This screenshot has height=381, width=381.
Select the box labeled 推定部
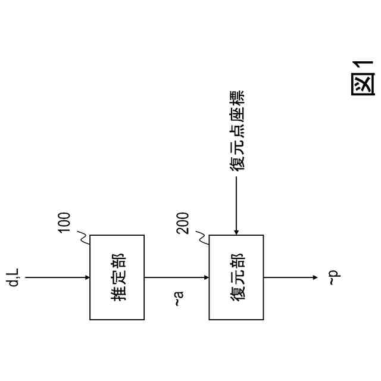click(117, 277)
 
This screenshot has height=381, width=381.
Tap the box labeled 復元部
click(236, 277)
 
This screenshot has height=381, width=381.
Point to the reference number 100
click(64, 222)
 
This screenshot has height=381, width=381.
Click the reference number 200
click(183, 222)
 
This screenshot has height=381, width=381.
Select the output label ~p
click(333, 277)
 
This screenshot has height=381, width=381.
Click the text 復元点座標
click(237, 131)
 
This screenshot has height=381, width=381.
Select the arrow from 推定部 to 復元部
click(177, 277)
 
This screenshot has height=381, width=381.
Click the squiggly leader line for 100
click(85, 238)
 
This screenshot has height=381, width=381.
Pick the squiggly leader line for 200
click(203, 238)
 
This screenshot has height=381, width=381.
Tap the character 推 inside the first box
click(118, 293)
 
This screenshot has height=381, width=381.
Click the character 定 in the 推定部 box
click(118, 277)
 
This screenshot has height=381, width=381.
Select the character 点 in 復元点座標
click(237, 131)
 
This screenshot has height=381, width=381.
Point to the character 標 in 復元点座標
click(237, 98)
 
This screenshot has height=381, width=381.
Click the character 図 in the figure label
click(363, 84)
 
